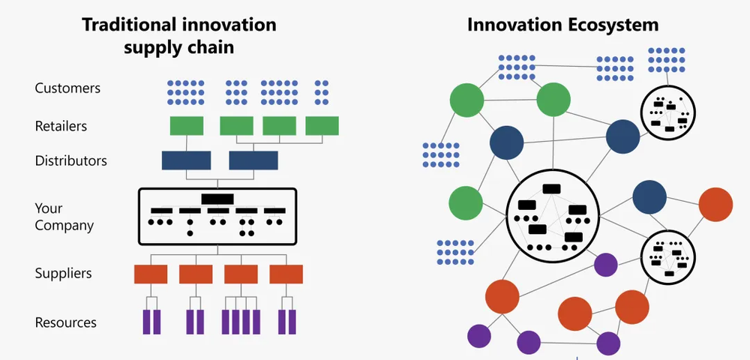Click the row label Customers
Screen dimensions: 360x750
pos(67,88)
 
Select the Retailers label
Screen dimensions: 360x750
pos(61,126)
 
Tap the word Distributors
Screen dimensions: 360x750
pos(70,160)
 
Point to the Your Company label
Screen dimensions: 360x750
pos(64,217)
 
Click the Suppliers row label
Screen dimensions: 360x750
pos(63,273)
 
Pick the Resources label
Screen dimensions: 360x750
pos(66,322)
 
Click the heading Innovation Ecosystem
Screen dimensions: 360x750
pos(562,25)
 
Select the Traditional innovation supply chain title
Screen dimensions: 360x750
pos(178,35)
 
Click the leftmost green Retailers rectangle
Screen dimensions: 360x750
pos(187,126)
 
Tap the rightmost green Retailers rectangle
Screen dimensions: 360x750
pos(322,126)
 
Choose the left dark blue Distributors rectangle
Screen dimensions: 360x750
pos(186,160)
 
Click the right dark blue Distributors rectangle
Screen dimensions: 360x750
pos(253,160)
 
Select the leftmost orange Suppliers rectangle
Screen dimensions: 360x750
pos(151,274)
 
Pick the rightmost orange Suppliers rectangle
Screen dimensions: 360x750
pos(286,274)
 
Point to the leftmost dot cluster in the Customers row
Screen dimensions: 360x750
pos(186,91)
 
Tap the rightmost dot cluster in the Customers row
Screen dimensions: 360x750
pos(322,91)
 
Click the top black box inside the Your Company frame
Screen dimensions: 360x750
pos(217,199)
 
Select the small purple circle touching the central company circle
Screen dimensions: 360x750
pos(605,265)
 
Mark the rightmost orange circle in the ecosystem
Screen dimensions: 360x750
pos(715,204)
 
